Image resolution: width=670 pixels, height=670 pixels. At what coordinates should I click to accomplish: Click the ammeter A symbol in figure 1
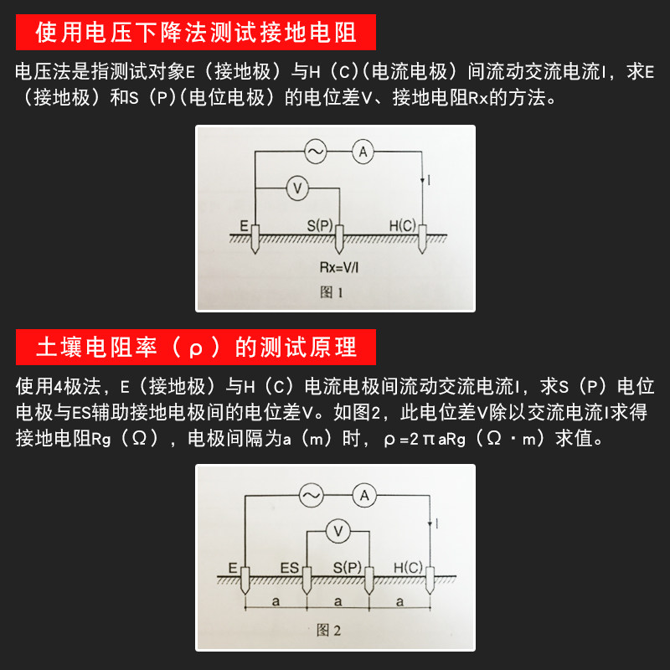tap(363, 152)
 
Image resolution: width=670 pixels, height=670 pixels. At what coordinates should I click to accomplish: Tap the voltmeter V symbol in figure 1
tap(297, 188)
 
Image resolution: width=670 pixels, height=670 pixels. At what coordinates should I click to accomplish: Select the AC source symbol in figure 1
tap(316, 152)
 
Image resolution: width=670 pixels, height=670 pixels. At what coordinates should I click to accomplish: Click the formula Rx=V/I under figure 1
tap(339, 267)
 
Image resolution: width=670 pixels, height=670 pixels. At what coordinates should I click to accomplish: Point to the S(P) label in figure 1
tap(320, 225)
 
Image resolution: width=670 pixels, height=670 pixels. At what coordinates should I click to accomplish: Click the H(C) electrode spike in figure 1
tap(422, 240)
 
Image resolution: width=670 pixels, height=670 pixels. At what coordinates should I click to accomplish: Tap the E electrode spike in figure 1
tap(255, 240)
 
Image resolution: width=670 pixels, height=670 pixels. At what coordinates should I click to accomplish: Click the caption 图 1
tap(331, 292)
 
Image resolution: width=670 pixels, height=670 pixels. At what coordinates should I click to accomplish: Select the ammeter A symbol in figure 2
tap(364, 496)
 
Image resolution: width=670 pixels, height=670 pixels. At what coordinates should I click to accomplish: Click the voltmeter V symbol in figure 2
tap(338, 532)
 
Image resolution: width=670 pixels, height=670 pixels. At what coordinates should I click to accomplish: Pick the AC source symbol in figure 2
tap(311, 496)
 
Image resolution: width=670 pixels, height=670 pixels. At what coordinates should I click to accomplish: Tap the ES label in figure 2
tap(289, 568)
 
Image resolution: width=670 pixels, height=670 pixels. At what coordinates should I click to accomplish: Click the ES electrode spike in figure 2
tap(307, 580)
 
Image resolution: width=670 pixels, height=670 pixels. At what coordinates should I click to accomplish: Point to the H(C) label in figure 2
tap(408, 568)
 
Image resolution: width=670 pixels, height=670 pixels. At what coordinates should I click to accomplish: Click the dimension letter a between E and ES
tap(276, 601)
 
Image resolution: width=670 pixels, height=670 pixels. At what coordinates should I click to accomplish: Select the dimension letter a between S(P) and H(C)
tap(399, 601)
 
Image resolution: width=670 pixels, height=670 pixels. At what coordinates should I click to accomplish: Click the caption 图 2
tap(328, 631)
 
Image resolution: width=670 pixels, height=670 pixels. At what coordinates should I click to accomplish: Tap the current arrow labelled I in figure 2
tap(430, 523)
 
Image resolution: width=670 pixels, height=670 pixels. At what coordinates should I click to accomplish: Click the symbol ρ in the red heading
tap(195, 348)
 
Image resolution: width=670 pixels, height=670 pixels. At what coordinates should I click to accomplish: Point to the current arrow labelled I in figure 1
tap(422, 181)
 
